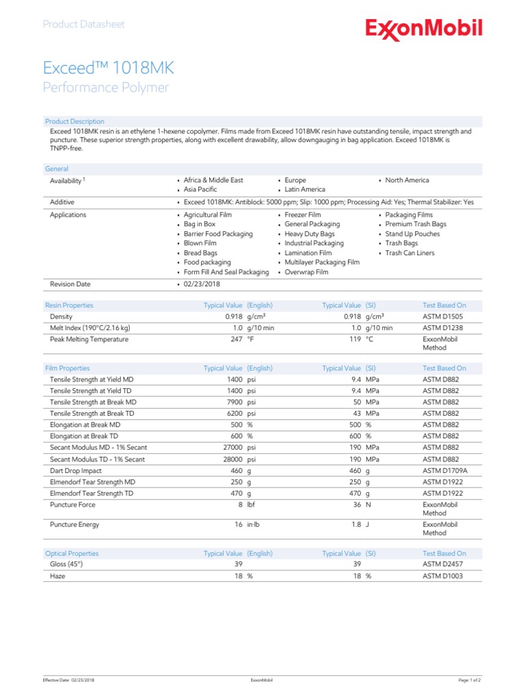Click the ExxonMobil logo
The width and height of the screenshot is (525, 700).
[424, 29]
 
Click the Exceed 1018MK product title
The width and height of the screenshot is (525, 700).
[109, 68]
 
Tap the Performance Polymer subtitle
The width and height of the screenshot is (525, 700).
[105, 87]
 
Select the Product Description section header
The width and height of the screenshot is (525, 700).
[75, 121]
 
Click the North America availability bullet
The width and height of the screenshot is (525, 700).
[407, 180]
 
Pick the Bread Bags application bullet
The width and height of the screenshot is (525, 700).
[200, 253]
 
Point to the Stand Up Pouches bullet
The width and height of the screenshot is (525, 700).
[412, 234]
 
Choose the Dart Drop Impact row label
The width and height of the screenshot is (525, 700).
[76, 471]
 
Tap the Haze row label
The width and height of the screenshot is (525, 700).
[58, 576]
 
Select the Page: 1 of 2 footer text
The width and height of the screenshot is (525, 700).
[470, 681]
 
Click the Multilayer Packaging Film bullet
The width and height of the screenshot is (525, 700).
[322, 262]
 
